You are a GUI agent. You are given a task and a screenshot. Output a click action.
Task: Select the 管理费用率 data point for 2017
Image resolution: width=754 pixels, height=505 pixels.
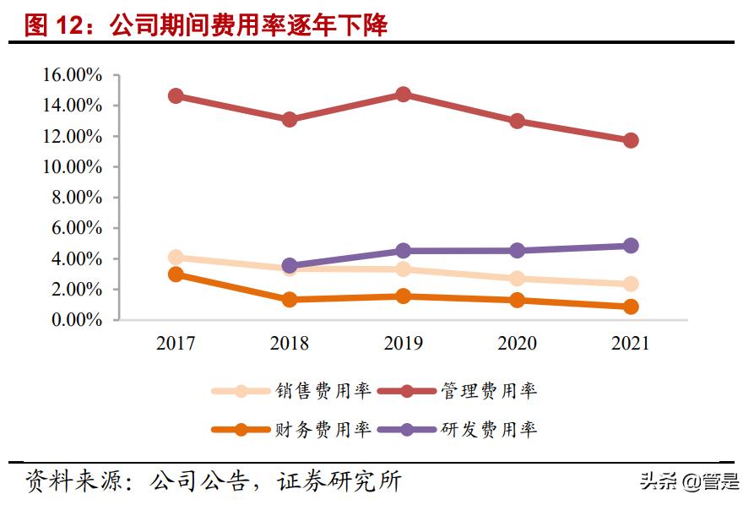(x=176, y=95)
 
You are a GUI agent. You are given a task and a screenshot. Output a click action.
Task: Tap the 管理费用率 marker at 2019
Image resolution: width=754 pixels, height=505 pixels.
(x=403, y=95)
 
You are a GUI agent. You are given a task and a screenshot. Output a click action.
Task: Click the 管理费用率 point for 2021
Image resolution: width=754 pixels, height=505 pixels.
(x=631, y=140)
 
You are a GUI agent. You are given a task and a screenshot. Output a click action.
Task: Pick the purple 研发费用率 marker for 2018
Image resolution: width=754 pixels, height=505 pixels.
(x=290, y=265)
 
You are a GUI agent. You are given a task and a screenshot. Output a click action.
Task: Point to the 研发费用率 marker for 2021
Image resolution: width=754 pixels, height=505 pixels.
(x=631, y=246)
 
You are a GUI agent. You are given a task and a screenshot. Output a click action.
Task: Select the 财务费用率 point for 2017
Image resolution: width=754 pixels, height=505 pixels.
(x=176, y=274)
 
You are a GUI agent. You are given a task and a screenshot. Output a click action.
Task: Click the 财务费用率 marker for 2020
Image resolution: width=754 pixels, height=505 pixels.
(x=517, y=300)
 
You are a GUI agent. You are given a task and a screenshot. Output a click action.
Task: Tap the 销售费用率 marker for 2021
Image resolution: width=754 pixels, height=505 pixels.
(x=631, y=284)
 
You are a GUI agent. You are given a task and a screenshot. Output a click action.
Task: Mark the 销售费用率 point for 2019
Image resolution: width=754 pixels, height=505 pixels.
(x=403, y=269)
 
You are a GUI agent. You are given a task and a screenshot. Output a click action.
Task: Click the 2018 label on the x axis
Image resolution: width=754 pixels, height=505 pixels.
(x=290, y=344)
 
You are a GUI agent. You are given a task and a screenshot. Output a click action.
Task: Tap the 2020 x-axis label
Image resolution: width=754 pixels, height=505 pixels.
(x=517, y=344)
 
